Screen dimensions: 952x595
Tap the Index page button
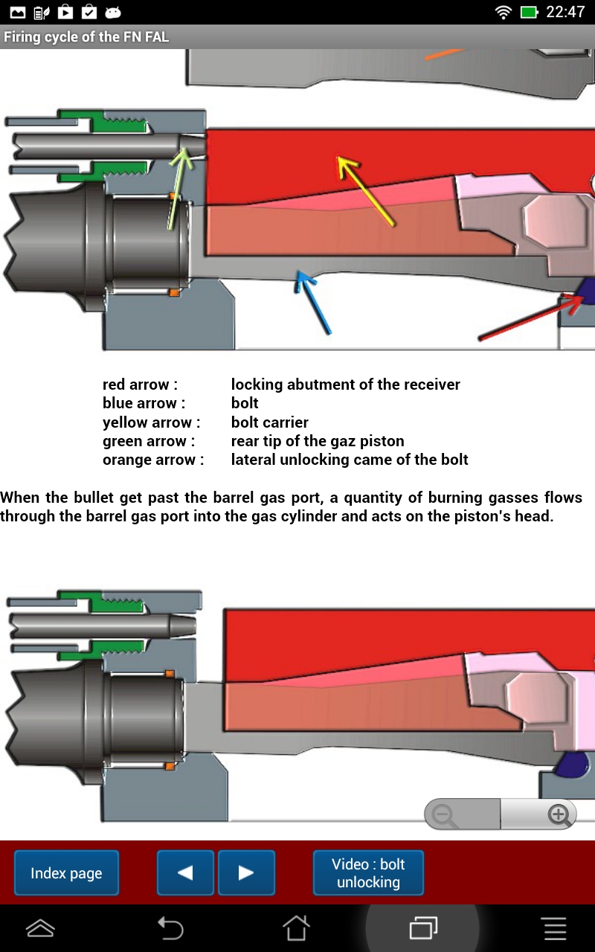tap(66, 873)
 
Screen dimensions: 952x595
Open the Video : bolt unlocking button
tap(368, 873)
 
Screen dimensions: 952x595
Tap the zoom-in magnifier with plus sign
tap(558, 815)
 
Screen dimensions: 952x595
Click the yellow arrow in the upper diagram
tap(365, 190)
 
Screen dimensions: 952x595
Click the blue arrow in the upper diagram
tap(313, 302)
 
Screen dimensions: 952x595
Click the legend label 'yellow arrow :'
tap(152, 422)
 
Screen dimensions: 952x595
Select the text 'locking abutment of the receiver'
tap(345, 385)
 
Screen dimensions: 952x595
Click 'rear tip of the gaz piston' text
tap(318, 441)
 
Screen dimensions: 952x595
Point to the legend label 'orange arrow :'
tap(153, 460)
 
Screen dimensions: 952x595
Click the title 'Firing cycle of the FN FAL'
tap(86, 36)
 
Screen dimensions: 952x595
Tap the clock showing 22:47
tap(565, 12)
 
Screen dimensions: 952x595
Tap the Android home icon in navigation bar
tap(296, 928)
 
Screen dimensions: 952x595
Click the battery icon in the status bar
tap(529, 12)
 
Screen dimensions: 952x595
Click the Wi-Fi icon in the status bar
tap(504, 12)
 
